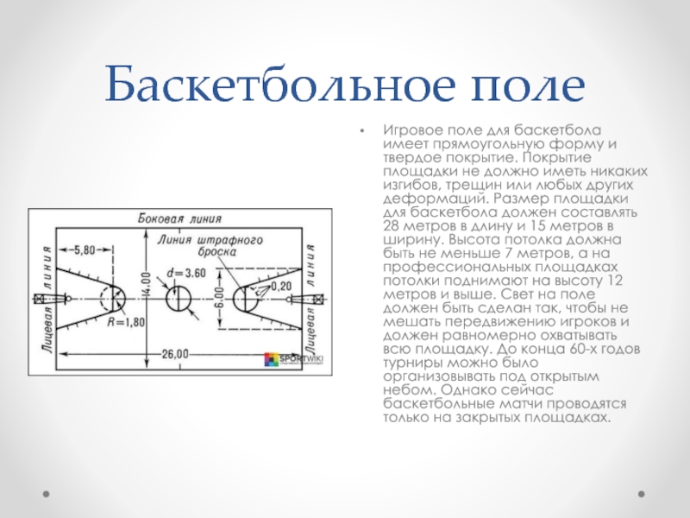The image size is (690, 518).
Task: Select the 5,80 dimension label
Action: pyautogui.click(x=85, y=250)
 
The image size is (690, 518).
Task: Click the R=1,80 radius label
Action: pyautogui.click(x=126, y=322)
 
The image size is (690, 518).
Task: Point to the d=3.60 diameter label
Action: pyautogui.click(x=186, y=273)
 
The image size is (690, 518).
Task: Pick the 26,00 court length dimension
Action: pyautogui.click(x=175, y=354)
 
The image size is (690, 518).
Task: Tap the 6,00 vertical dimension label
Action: pyautogui.click(x=221, y=299)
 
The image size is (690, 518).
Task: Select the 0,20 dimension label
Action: pyautogui.click(x=281, y=286)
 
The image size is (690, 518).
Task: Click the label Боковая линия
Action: pyautogui.click(x=179, y=218)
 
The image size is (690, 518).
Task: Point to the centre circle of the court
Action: pyautogui.click(x=179, y=298)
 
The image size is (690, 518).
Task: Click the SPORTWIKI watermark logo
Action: pyautogui.click(x=293, y=359)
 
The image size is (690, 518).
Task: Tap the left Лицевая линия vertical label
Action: pyautogui.click(x=47, y=300)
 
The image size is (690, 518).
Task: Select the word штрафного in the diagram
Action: pyautogui.click(x=229, y=241)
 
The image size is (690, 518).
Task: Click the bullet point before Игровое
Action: pyautogui.click(x=362, y=131)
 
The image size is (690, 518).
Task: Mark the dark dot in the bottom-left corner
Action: pyautogui.click(x=47, y=494)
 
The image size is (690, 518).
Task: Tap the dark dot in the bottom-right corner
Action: pyautogui.click(x=642, y=494)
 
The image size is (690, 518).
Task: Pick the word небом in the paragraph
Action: pyautogui.click(x=409, y=390)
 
